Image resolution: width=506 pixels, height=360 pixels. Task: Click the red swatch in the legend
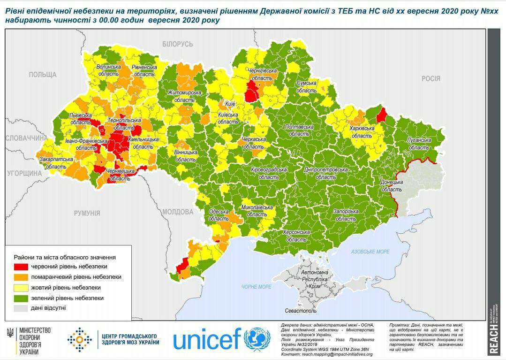[21, 267]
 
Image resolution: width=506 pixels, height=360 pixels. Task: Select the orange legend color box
[21, 277]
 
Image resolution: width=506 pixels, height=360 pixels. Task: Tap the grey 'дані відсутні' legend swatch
[21, 308]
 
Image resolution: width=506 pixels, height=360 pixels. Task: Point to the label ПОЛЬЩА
[42, 75]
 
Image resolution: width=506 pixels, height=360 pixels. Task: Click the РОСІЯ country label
[430, 78]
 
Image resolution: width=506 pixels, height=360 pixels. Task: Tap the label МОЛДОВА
[178, 212]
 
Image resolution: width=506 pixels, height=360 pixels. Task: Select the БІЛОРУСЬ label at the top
[177, 44]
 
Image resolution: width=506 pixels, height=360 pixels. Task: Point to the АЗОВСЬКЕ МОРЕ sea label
[370, 252]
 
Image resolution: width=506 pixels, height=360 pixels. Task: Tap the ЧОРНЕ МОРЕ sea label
[257, 287]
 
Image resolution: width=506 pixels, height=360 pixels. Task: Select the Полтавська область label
[299, 130]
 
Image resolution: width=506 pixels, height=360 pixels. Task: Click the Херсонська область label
[296, 236]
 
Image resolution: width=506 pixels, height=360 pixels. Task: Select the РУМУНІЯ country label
[87, 213]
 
